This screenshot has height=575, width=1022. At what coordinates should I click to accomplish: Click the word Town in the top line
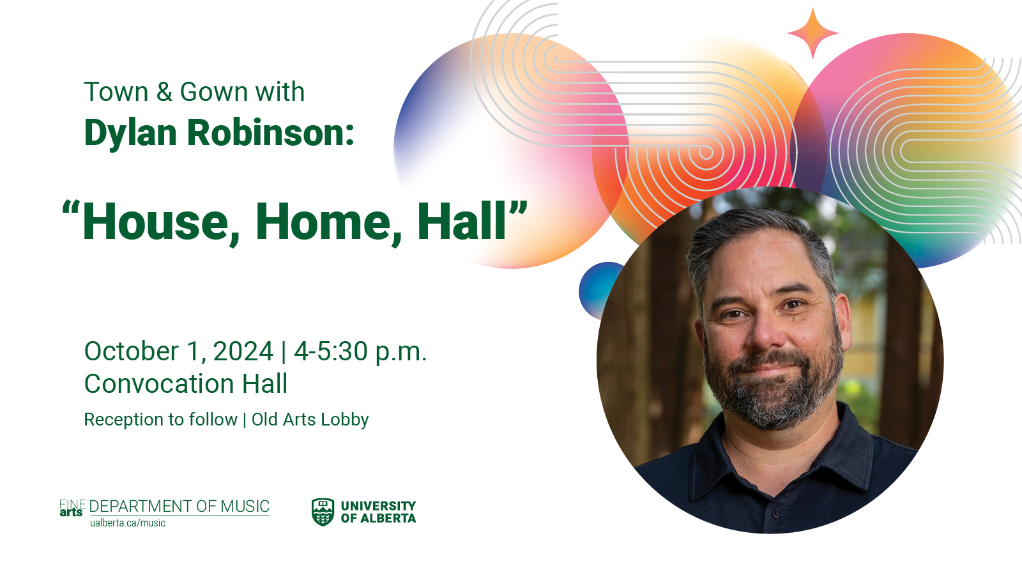(116, 92)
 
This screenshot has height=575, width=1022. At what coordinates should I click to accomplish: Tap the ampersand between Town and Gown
(164, 92)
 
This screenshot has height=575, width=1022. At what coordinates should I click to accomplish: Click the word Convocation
(160, 383)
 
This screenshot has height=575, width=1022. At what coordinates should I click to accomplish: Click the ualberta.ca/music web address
(128, 523)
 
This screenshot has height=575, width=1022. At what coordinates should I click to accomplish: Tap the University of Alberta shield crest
(323, 512)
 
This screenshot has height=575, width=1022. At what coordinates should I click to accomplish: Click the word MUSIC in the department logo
(245, 507)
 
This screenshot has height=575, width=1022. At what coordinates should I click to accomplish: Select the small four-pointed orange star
(812, 33)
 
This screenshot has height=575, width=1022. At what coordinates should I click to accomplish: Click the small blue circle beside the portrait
(599, 290)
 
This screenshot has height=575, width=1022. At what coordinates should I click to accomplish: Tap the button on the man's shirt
(777, 514)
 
